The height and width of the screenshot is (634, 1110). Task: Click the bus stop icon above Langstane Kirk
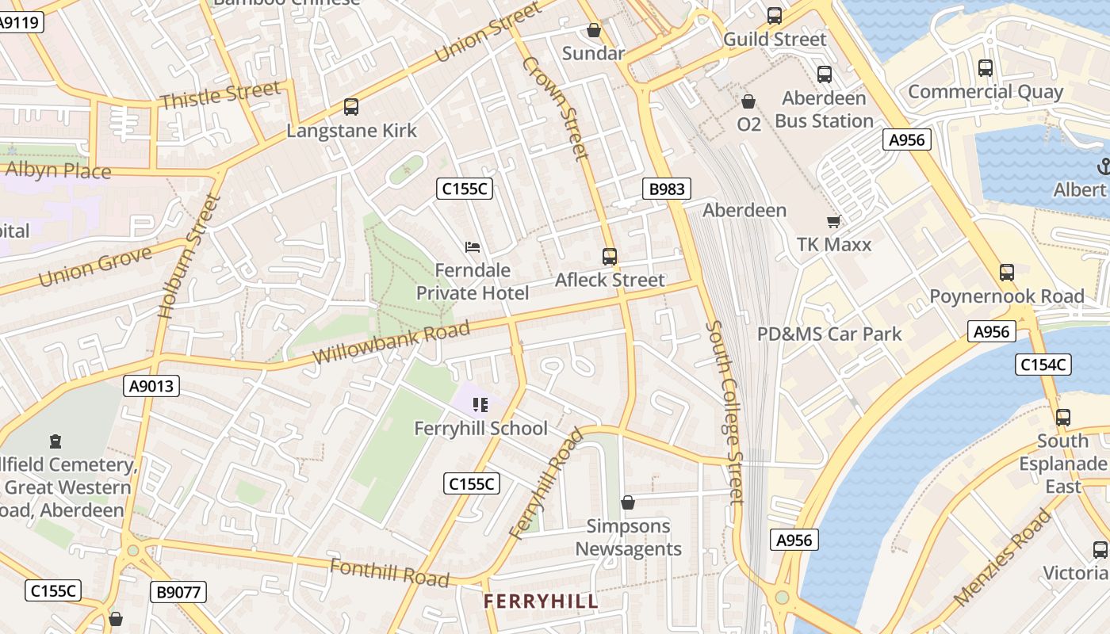[350, 106]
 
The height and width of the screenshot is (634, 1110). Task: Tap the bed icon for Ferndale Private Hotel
[473, 247]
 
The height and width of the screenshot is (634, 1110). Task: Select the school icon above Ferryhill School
[480, 406]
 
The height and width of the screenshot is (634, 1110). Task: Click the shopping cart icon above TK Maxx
[833, 221]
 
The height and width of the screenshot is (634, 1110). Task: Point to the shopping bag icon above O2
[748, 101]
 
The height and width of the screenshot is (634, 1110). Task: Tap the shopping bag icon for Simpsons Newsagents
[628, 502]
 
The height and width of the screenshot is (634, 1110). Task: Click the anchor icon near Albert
[1103, 166]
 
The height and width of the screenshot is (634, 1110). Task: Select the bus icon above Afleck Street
[609, 257]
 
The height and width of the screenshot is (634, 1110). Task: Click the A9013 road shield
[152, 386]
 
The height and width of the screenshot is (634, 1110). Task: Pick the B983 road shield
[666, 189]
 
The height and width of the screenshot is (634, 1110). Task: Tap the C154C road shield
[1043, 365]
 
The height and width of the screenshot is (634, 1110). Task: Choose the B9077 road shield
[178, 591]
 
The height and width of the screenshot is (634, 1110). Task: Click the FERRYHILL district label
[541, 602]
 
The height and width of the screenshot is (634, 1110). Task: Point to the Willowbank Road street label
[391, 342]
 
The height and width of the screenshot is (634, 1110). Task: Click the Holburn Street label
[189, 256]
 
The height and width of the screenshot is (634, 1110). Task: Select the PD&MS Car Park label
[829, 334]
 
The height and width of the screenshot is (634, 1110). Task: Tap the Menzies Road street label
[1003, 557]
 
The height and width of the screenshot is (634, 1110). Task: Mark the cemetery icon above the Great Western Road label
[55, 441]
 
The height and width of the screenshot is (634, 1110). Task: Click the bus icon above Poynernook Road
[1006, 273]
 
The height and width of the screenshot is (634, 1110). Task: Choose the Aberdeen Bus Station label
[824, 109]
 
